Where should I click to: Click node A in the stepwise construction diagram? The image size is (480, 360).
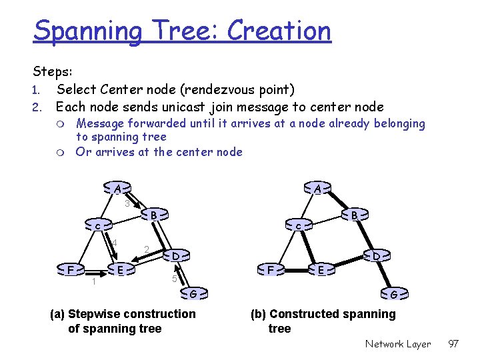point(117,189)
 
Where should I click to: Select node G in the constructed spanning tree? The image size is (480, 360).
point(394,294)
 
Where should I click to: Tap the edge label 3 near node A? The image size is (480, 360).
point(127,203)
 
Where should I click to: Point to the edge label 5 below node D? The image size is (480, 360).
point(174,279)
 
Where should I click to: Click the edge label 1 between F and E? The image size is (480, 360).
point(94,282)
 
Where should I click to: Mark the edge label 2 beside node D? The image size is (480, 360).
point(146,249)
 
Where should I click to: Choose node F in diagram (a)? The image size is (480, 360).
point(71,269)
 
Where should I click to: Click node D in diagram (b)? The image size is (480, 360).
point(376,255)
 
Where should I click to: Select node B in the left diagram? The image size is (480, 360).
point(153,215)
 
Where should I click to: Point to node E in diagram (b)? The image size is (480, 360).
point(321,269)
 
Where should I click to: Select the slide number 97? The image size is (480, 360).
point(453,344)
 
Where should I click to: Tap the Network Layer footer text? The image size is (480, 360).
point(398,344)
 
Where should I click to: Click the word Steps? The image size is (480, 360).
point(53,71)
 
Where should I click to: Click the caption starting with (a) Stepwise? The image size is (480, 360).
point(123,321)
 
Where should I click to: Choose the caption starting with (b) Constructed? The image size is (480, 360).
point(323,321)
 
